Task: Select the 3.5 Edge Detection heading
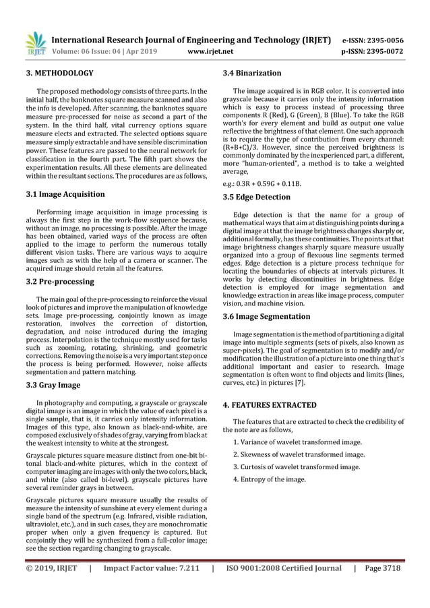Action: tap(257, 197)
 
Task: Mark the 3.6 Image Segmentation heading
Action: tap(266, 316)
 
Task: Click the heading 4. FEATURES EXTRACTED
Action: tap(270, 405)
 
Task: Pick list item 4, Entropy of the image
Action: tap(269, 479)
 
